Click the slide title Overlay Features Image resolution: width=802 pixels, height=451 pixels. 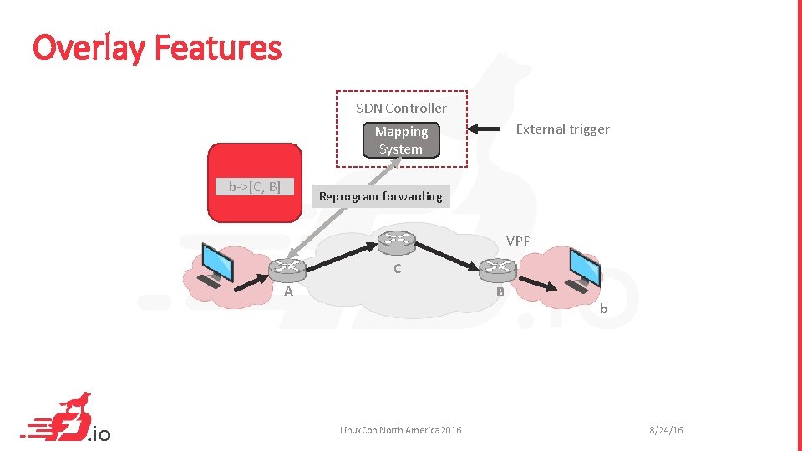(157, 48)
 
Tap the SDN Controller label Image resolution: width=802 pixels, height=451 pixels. (401, 108)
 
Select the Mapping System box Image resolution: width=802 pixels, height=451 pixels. (401, 140)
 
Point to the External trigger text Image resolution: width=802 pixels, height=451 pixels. (562, 129)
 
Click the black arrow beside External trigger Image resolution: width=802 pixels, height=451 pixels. (490, 129)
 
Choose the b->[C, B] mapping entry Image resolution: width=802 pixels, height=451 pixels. (255, 186)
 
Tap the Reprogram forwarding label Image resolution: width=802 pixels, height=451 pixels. (380, 196)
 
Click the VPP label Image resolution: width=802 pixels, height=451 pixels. (518, 241)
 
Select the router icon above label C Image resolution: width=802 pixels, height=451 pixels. (396, 242)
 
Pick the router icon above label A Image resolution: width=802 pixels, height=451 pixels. (287, 269)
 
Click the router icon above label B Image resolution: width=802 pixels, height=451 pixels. (499, 267)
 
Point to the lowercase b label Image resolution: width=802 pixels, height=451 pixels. (603, 309)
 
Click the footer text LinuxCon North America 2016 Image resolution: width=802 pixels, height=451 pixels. (400, 430)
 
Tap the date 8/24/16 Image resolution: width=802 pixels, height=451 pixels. (666, 430)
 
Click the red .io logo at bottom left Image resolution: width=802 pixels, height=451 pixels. (67, 419)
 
